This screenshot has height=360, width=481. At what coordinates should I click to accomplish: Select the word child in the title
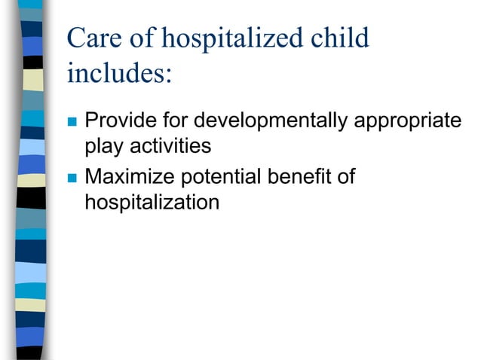pyautogui.click(x=338, y=39)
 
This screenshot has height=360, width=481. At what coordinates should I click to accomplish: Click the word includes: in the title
pyautogui.click(x=120, y=74)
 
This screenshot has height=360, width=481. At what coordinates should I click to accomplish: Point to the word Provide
pyautogui.click(x=118, y=121)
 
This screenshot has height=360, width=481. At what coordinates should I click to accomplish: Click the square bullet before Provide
pyautogui.click(x=72, y=121)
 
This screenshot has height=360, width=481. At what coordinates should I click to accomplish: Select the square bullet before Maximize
pyautogui.click(x=72, y=178)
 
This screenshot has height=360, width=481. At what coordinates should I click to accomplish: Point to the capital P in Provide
pyautogui.click(x=92, y=121)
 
